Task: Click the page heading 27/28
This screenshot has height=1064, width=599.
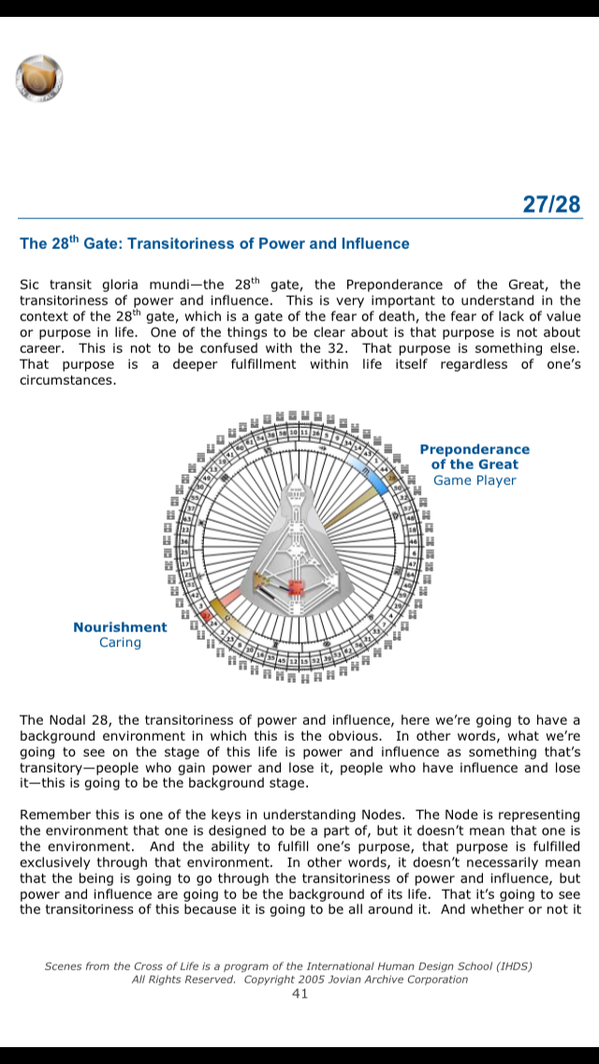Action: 552,204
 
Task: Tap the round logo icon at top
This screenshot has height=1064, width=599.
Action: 39,78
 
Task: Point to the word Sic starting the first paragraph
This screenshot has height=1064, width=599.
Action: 31,285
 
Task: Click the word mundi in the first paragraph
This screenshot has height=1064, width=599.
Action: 171,285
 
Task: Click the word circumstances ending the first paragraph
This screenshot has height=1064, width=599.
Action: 64,380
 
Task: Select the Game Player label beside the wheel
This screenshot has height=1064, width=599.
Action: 475,480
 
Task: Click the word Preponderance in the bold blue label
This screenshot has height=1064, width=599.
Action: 475,450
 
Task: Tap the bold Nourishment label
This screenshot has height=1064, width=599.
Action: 120,628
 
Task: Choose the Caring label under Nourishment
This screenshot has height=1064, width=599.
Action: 120,643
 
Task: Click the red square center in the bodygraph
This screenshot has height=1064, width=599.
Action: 296,589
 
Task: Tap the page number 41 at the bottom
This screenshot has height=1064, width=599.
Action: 299,994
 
